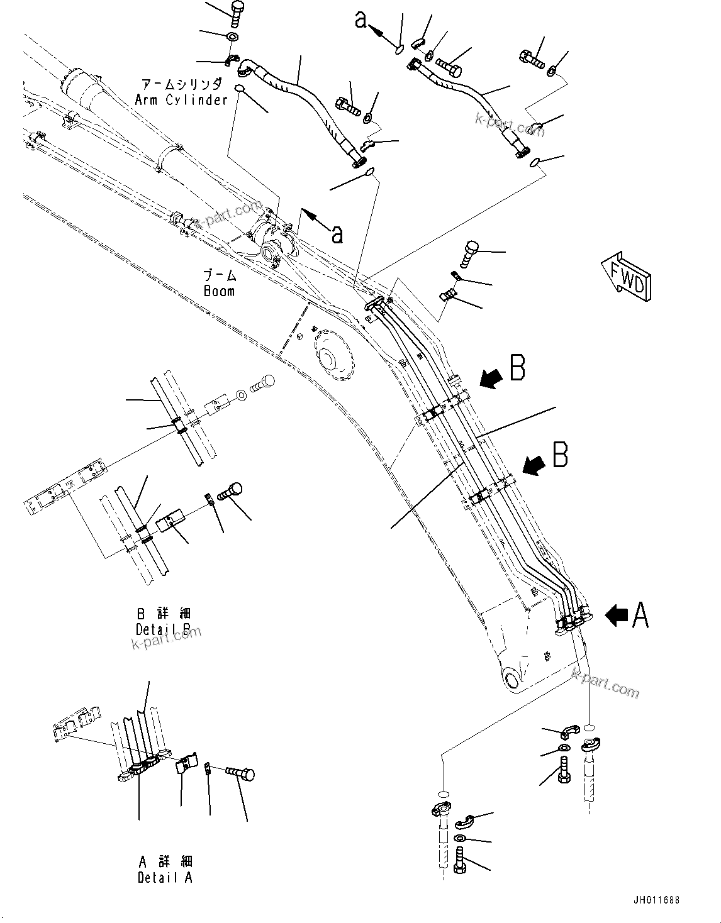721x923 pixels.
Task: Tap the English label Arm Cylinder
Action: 181,100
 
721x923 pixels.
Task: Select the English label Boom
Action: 219,291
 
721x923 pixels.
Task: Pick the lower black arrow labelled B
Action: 534,465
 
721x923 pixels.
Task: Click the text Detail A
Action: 165,878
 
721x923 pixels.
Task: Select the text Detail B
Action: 164,629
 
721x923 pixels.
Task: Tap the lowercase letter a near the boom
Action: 337,234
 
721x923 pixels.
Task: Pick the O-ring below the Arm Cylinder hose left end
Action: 240,88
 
